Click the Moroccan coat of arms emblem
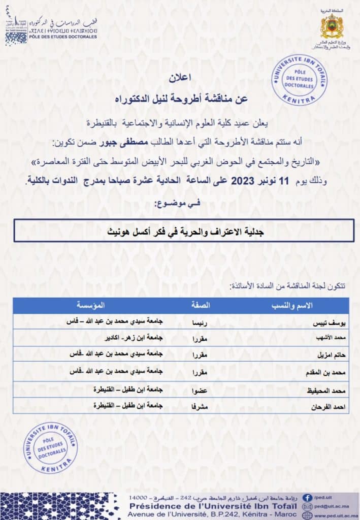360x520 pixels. click(x=332, y=26)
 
